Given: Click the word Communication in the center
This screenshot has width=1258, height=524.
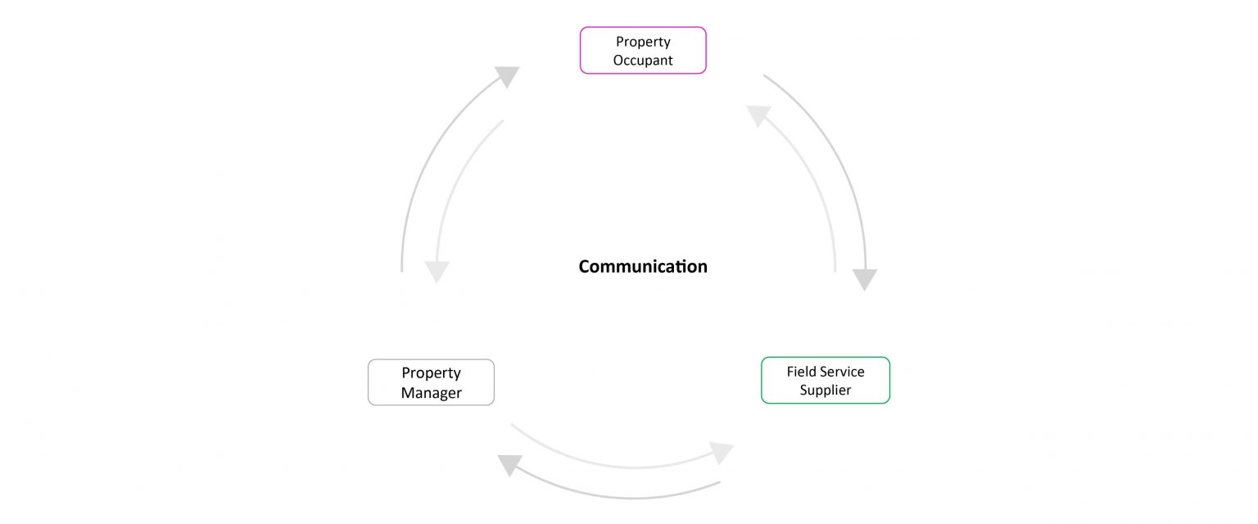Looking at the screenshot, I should point(643,266).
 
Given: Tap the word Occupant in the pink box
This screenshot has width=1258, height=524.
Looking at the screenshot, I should point(643,60).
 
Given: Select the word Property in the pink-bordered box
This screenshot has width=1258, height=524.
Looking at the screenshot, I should point(643,42).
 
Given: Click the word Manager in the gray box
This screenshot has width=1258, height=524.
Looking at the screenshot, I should point(431,393).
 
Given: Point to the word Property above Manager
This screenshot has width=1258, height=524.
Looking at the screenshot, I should point(431,373).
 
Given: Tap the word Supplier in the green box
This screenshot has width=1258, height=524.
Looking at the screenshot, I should point(826,391).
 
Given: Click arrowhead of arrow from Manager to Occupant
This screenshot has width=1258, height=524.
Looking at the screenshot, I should point(508,77).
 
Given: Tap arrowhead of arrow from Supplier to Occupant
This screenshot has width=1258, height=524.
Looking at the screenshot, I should point(758,115).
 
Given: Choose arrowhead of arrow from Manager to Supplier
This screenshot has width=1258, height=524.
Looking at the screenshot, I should point(721,453).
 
